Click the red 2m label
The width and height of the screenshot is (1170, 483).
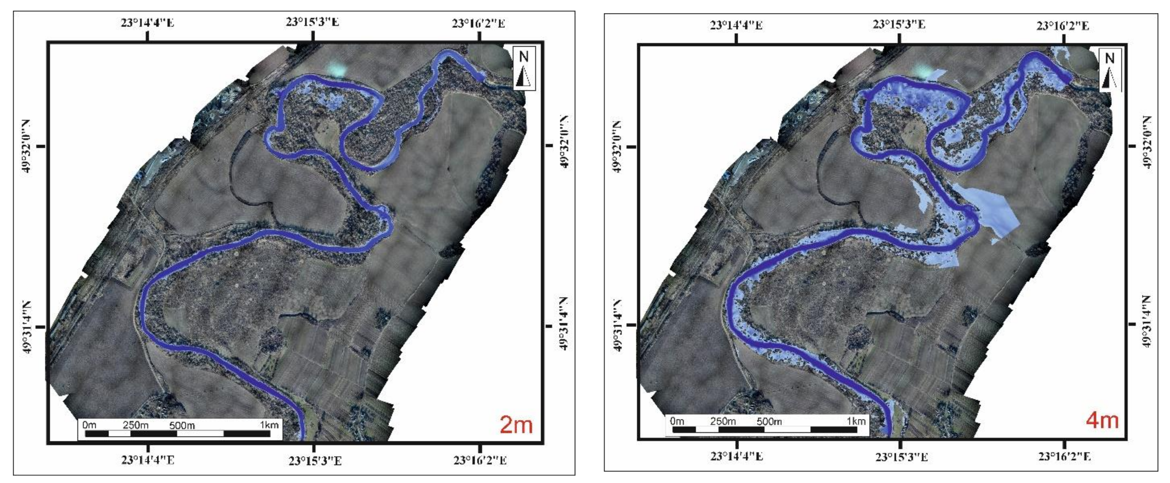(516, 425)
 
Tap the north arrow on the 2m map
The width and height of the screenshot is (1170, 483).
(524, 68)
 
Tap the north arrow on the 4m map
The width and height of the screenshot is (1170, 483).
(1110, 70)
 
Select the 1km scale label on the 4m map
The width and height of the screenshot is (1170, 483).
(856, 421)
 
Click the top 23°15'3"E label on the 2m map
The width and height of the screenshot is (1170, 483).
(312, 22)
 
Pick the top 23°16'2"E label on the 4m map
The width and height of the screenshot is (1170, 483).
(1063, 26)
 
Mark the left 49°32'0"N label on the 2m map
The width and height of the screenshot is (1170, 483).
(26, 146)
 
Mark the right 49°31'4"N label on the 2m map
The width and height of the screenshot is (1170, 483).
(563, 324)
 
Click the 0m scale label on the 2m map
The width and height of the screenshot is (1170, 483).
(89, 425)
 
